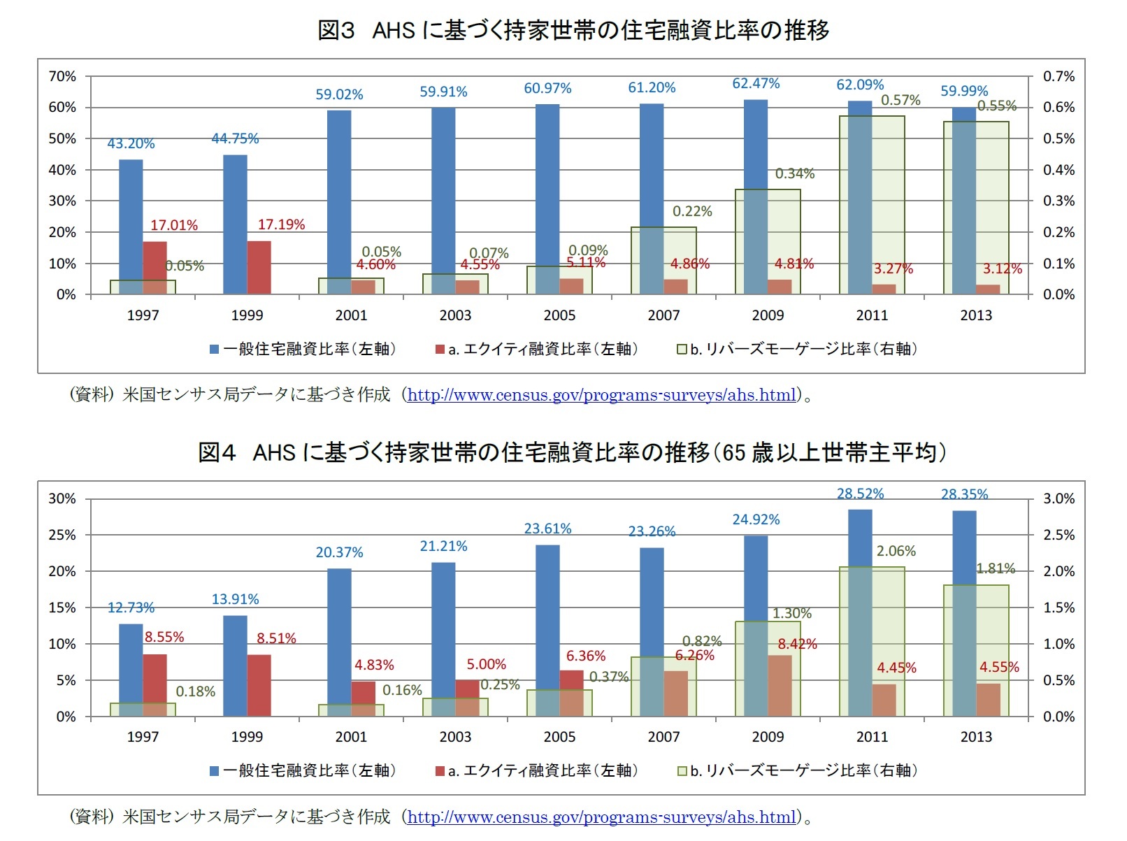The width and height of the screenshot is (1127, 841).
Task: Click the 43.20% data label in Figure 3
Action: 131,143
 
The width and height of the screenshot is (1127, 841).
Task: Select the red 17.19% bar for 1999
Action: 259,268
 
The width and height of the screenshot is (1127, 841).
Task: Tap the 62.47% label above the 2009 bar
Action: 756,84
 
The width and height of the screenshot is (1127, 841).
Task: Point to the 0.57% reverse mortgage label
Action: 900,101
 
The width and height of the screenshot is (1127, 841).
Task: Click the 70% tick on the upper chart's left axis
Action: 62,76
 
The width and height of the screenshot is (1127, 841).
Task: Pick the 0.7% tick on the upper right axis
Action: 1058,76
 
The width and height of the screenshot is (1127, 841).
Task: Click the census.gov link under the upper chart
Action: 601,395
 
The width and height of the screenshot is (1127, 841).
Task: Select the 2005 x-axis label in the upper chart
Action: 559,315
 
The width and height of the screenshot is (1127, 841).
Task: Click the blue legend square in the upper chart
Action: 215,349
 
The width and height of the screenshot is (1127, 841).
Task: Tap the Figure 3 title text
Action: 573,30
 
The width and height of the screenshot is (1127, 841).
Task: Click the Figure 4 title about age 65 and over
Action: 572,452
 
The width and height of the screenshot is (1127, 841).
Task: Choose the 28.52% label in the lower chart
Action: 860,494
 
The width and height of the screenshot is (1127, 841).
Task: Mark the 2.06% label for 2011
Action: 896,551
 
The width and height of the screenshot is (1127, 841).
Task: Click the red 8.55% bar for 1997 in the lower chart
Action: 155,685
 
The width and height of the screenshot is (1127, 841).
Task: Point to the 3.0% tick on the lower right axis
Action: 1058,498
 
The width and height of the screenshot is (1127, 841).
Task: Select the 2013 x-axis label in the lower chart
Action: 976,737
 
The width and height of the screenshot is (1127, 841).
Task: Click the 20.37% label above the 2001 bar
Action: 339,552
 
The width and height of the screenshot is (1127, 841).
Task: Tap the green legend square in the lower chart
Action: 682,771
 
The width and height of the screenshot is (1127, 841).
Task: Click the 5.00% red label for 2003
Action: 486,664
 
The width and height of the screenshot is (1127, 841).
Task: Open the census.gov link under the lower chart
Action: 601,817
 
